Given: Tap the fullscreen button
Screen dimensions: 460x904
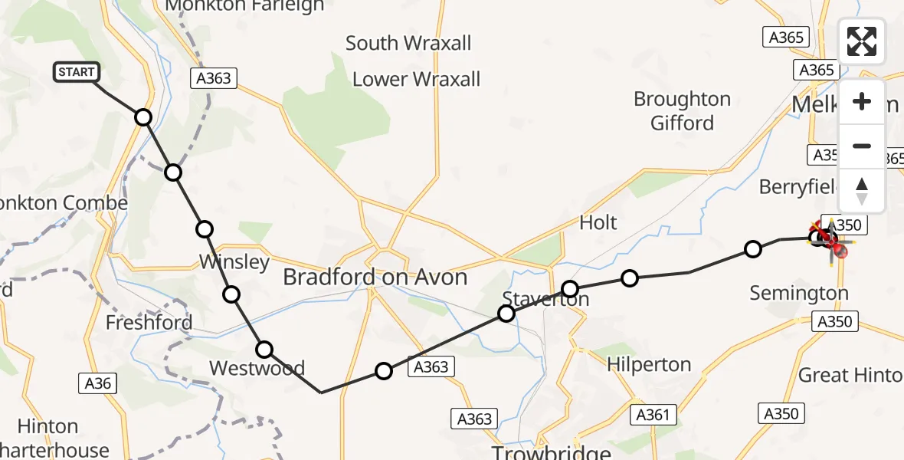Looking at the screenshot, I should [x=862, y=41].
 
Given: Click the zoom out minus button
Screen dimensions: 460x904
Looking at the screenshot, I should [x=862, y=146].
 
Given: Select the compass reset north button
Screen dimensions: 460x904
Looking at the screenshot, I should [x=862, y=190].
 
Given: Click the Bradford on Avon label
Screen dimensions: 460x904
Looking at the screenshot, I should [x=375, y=277].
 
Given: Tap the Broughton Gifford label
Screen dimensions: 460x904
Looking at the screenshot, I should [x=682, y=111].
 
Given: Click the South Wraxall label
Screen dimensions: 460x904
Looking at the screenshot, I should [x=408, y=43].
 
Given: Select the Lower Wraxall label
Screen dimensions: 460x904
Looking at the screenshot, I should [x=416, y=79].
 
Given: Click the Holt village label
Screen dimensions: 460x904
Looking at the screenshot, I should [x=598, y=222].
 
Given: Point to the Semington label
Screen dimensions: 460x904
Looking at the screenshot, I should [x=799, y=293].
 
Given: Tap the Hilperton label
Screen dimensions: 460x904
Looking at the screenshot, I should [x=648, y=364].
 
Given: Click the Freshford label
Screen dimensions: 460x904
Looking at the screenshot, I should [x=149, y=323].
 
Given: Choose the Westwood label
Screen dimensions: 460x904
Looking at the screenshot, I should [x=257, y=368].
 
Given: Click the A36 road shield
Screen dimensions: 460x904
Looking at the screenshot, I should [x=98, y=382].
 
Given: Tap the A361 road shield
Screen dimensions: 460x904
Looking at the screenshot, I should [x=653, y=415].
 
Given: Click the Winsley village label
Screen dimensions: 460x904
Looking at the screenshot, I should [x=234, y=262].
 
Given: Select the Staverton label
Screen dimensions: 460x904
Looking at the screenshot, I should [x=545, y=299].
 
